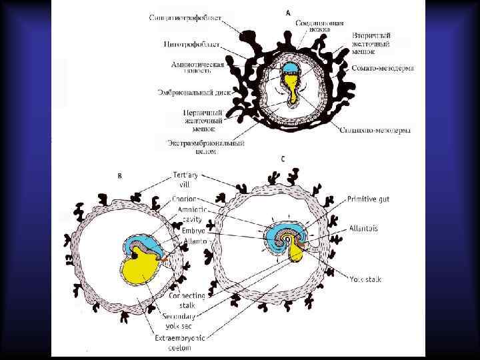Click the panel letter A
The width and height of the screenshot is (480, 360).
(x=288, y=12)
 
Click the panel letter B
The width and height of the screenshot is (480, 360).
(x=119, y=176)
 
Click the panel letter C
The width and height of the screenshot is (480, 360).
(x=283, y=159)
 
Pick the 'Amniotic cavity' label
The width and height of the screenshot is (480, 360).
(x=190, y=214)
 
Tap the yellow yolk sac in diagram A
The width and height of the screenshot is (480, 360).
(x=291, y=86)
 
